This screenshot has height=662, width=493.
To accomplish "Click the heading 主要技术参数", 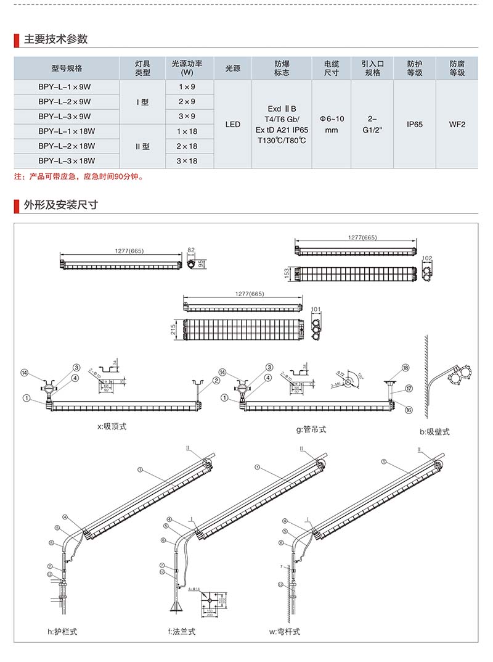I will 55,39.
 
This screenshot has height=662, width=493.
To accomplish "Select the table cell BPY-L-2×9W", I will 65,101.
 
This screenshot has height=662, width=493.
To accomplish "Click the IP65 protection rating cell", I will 415,124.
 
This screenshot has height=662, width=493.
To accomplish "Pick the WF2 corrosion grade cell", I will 457,124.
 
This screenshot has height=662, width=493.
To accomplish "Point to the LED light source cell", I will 233,124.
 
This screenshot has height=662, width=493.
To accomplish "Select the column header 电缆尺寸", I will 332,68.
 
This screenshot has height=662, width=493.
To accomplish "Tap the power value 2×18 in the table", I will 187,146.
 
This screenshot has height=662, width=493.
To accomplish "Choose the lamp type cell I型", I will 142,101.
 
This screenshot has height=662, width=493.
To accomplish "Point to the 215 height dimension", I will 174,332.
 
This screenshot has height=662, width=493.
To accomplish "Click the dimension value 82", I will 191,251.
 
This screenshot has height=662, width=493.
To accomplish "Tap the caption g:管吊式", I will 311,429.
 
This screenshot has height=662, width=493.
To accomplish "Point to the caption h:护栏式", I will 62,631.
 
